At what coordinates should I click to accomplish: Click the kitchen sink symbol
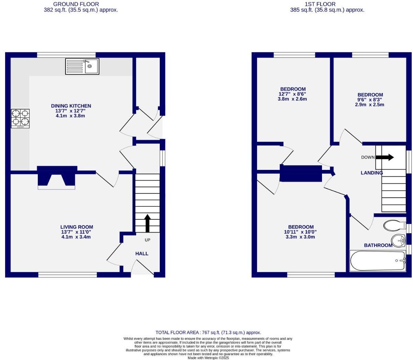82,67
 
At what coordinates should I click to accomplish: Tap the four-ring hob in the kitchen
20,118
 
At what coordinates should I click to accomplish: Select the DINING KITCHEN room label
71,106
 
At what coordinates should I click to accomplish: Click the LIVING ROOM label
77,227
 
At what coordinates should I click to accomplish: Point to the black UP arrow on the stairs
147,223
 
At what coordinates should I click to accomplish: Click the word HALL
142,253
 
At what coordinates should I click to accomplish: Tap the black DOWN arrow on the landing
384,157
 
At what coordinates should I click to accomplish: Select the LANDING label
371,173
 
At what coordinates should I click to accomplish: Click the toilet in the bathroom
395,225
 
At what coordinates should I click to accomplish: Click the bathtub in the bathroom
378,261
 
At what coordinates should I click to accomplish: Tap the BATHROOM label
378,245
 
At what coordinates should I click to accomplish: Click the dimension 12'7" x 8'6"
292,94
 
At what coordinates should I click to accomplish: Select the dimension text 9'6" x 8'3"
370,100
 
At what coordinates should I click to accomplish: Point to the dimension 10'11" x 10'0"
301,232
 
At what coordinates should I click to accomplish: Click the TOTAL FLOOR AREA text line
208,332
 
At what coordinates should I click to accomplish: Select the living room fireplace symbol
56,178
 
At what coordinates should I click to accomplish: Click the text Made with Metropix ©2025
208,358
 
